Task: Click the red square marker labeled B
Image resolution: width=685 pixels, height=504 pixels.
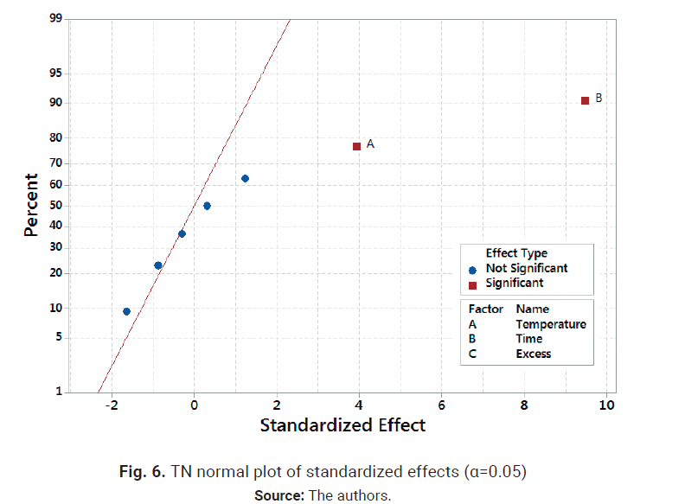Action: (586, 100)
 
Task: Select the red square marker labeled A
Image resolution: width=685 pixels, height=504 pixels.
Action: (356, 146)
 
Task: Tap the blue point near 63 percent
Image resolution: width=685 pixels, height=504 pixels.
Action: (245, 178)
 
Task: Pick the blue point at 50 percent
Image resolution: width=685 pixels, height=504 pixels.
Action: (207, 206)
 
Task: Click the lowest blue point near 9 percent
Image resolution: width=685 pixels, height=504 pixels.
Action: (126, 311)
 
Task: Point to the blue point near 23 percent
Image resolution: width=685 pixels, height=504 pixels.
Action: (157, 265)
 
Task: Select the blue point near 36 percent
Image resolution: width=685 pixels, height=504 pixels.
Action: (182, 233)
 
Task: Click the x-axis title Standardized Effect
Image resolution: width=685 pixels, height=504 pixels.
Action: (342, 425)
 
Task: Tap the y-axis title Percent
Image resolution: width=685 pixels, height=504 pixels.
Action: (31, 206)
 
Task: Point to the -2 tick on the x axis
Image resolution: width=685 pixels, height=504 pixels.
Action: (111, 405)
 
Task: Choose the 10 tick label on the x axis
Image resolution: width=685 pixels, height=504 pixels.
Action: (606, 405)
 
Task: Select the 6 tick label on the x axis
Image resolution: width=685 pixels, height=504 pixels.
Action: (441, 405)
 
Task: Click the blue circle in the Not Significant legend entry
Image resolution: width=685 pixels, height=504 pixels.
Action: (472, 269)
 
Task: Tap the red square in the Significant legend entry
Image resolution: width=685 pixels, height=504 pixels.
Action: (472, 284)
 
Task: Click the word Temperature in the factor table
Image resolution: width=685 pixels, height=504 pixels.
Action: (550, 324)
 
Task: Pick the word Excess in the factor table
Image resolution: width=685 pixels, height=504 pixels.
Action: (533, 354)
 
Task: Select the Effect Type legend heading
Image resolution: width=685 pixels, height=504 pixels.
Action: (515, 253)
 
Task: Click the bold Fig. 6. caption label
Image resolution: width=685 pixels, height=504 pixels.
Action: (142, 472)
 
